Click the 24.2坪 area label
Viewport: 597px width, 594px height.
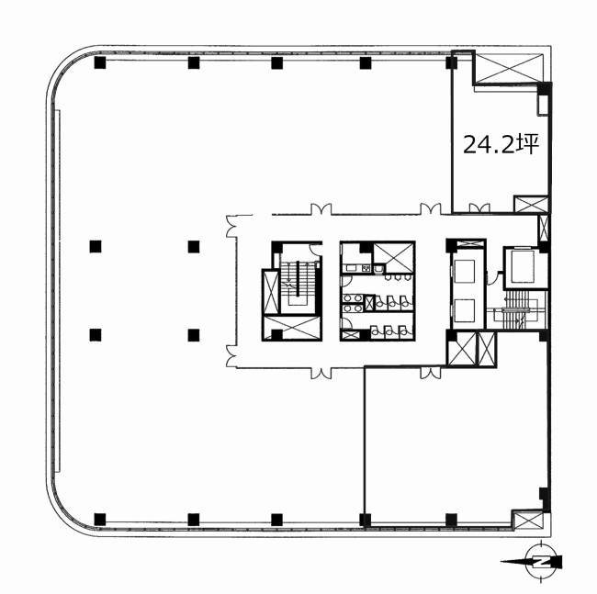501,144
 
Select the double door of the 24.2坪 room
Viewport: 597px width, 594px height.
479,207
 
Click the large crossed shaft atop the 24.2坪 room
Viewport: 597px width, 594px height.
510,69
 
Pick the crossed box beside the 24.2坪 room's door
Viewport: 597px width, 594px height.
531,205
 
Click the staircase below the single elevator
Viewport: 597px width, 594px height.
517,310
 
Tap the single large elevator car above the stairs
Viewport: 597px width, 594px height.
524,267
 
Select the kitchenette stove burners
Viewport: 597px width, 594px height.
366,268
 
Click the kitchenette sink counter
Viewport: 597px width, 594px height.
352,268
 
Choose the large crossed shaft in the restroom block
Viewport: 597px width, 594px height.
393,258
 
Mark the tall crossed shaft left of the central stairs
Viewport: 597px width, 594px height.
271,291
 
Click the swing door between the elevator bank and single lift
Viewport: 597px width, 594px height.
493,277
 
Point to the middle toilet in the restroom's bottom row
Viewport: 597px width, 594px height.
389,331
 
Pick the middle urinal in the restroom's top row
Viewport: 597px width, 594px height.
397,278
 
